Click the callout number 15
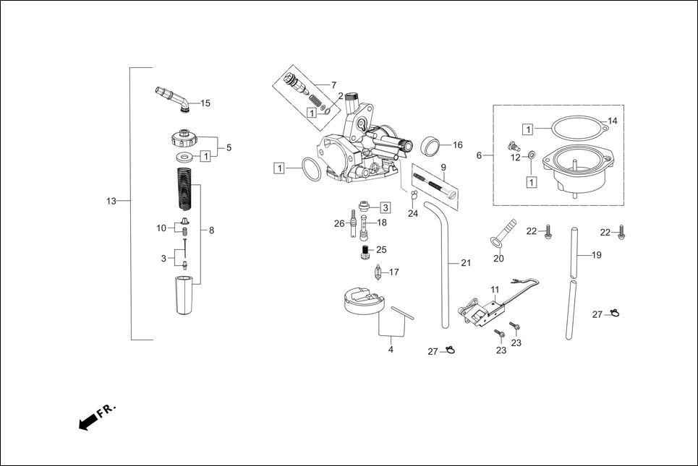click(205, 103)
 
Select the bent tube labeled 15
click(172, 98)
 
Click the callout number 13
click(111, 202)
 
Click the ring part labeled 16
click(431, 146)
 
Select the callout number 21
click(465, 263)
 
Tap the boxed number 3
click(386, 207)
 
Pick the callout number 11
click(495, 290)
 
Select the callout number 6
click(479, 155)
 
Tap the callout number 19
click(597, 255)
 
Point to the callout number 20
click(498, 259)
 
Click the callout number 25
click(381, 250)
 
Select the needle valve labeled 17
click(378, 274)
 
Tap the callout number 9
click(443, 167)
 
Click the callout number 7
click(333, 85)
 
